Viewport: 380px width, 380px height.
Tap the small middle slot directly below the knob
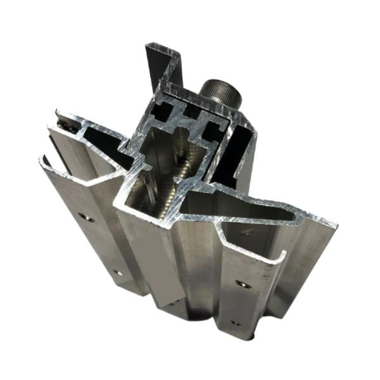click(189, 120)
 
